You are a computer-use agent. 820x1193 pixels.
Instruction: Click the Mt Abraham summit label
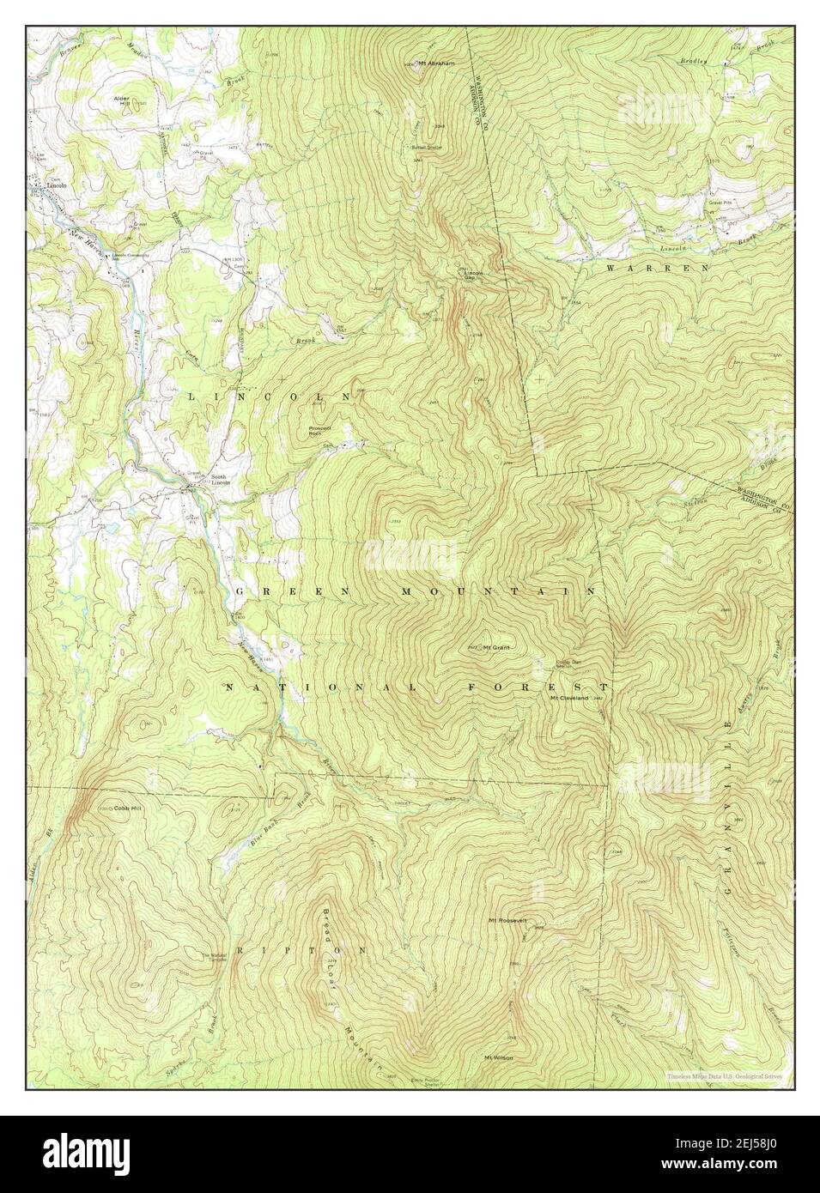[x=435, y=63]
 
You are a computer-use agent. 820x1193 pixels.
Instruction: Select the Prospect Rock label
[x=319, y=431]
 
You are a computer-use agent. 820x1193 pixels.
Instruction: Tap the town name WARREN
[x=658, y=268]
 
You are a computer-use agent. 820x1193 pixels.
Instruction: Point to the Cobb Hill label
[x=125, y=808]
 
